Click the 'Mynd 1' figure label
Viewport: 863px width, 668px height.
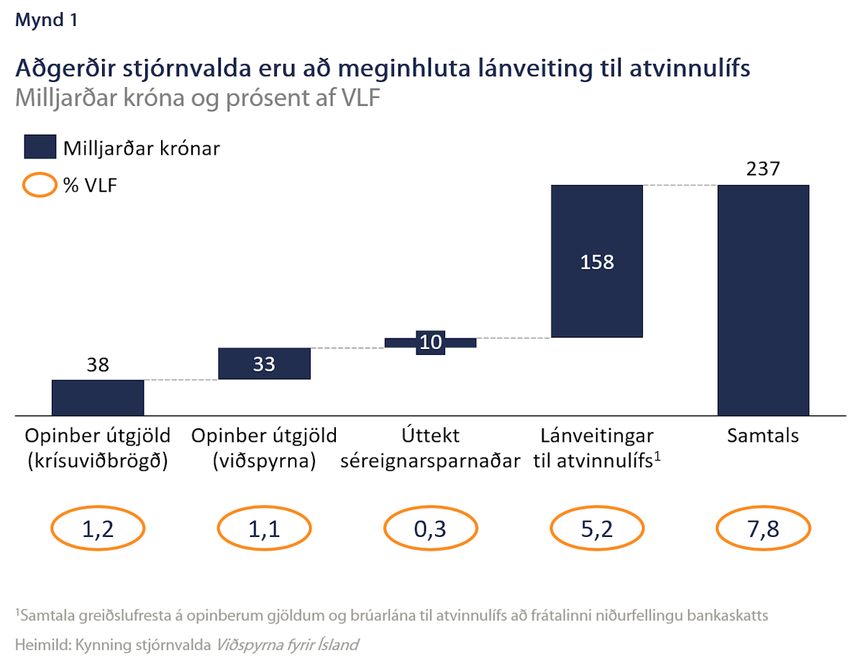46,21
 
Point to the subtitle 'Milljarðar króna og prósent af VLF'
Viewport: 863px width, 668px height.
196,99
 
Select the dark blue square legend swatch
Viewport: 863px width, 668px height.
40,148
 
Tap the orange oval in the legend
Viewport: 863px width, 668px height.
40,186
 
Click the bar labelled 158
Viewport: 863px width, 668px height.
596,261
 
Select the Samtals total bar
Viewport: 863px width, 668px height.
763,299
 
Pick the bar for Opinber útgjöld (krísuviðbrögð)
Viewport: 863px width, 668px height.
98,397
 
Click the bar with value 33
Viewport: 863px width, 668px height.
264,364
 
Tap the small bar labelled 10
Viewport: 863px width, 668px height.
430,343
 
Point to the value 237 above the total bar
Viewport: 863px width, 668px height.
763,169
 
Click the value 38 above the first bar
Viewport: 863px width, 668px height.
98,365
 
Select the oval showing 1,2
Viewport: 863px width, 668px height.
98,530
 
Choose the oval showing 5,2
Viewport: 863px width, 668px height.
596,530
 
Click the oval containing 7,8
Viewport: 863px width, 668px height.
763,530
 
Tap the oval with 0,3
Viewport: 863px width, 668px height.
430,530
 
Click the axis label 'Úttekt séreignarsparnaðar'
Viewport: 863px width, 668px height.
430,448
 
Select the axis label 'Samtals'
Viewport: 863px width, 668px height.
763,436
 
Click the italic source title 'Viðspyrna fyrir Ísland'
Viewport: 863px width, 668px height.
286,645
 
